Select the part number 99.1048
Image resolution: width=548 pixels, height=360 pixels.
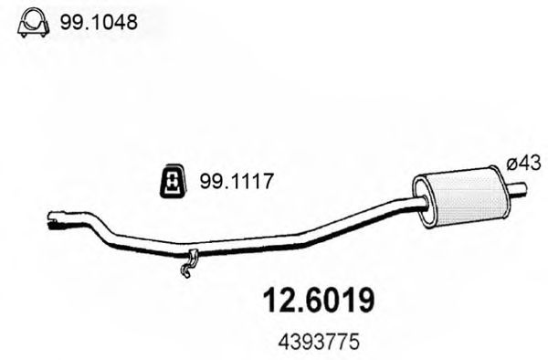tap(99, 22)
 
